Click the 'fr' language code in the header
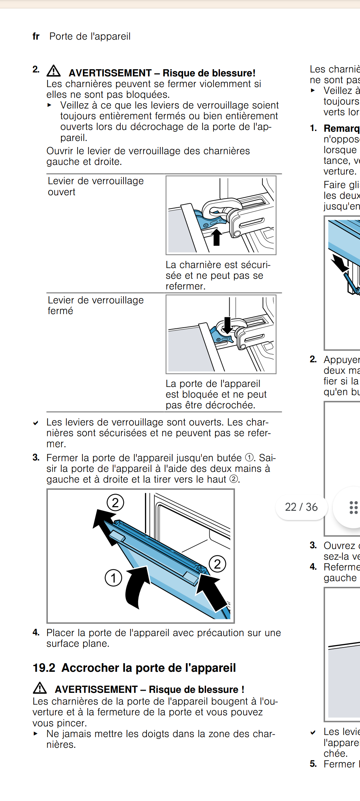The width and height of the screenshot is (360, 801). [36, 36]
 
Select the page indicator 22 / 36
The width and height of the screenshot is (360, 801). [301, 507]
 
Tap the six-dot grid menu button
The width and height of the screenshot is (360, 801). [353, 507]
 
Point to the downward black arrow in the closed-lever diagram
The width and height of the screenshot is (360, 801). [227, 324]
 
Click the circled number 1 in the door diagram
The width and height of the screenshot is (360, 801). [113, 578]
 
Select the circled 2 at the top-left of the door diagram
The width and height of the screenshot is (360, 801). [115, 503]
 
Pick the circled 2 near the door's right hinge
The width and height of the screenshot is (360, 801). [217, 564]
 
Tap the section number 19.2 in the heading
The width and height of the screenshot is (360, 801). [44, 668]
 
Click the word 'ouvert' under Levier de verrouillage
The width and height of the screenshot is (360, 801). [61, 192]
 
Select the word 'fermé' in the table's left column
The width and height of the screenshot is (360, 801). [60, 311]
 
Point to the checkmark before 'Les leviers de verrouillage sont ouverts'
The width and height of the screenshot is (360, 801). [36, 423]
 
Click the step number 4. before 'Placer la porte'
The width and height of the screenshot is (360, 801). [36, 633]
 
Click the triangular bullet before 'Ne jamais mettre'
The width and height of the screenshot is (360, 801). [35, 734]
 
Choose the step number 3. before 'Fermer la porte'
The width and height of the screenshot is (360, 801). [36, 457]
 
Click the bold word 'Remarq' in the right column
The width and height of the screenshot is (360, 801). [341, 129]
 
